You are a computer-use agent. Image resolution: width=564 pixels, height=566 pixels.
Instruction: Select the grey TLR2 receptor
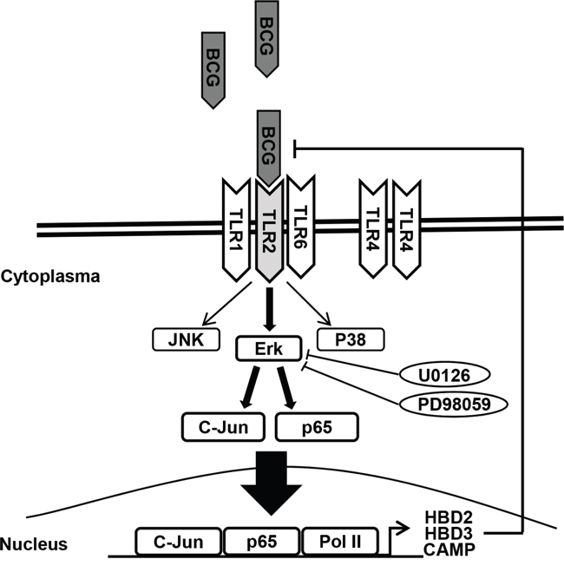pyautogui.click(x=268, y=230)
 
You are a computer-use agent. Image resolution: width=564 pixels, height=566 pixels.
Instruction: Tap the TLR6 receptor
pyautogui.click(x=299, y=227)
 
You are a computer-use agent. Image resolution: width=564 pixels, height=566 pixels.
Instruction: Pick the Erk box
pyautogui.click(x=267, y=349)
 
